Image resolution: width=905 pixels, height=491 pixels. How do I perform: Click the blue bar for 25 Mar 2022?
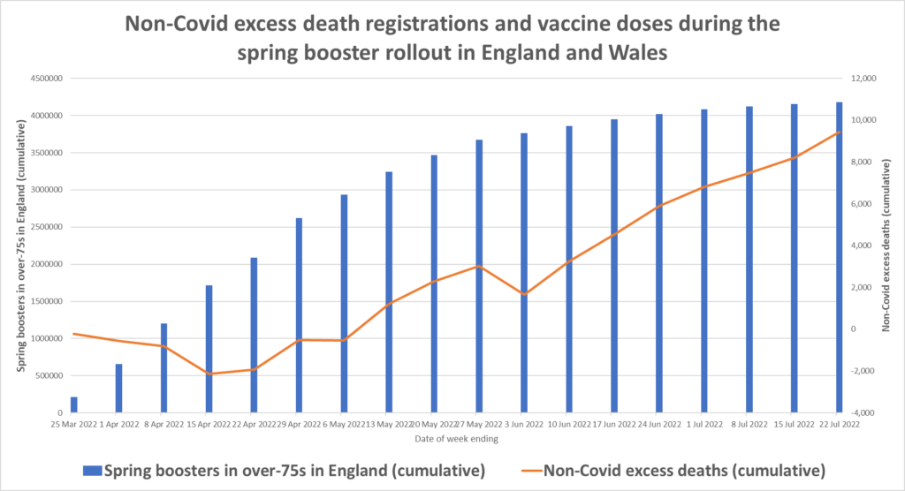coord(74,404)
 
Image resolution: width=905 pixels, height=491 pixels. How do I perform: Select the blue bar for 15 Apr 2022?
coord(209,349)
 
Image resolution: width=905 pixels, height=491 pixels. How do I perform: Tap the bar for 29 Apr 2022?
coord(300,314)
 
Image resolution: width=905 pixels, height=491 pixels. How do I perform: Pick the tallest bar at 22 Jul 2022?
coord(839,257)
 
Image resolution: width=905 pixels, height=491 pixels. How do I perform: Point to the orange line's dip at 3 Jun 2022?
coord(524,294)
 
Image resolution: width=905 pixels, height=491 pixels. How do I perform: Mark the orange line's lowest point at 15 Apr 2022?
coord(209,374)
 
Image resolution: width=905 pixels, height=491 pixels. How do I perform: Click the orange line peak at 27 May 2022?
coord(479,266)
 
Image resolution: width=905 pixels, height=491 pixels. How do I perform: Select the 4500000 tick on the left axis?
coord(43,79)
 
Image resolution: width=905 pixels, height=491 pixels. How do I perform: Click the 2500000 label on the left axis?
coord(43,227)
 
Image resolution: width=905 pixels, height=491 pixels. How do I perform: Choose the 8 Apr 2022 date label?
coord(164,425)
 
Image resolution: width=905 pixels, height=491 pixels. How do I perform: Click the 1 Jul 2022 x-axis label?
coord(703,425)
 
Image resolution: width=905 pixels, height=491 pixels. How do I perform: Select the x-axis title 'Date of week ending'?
coord(456,439)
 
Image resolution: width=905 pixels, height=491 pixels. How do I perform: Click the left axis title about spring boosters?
coord(20,245)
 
